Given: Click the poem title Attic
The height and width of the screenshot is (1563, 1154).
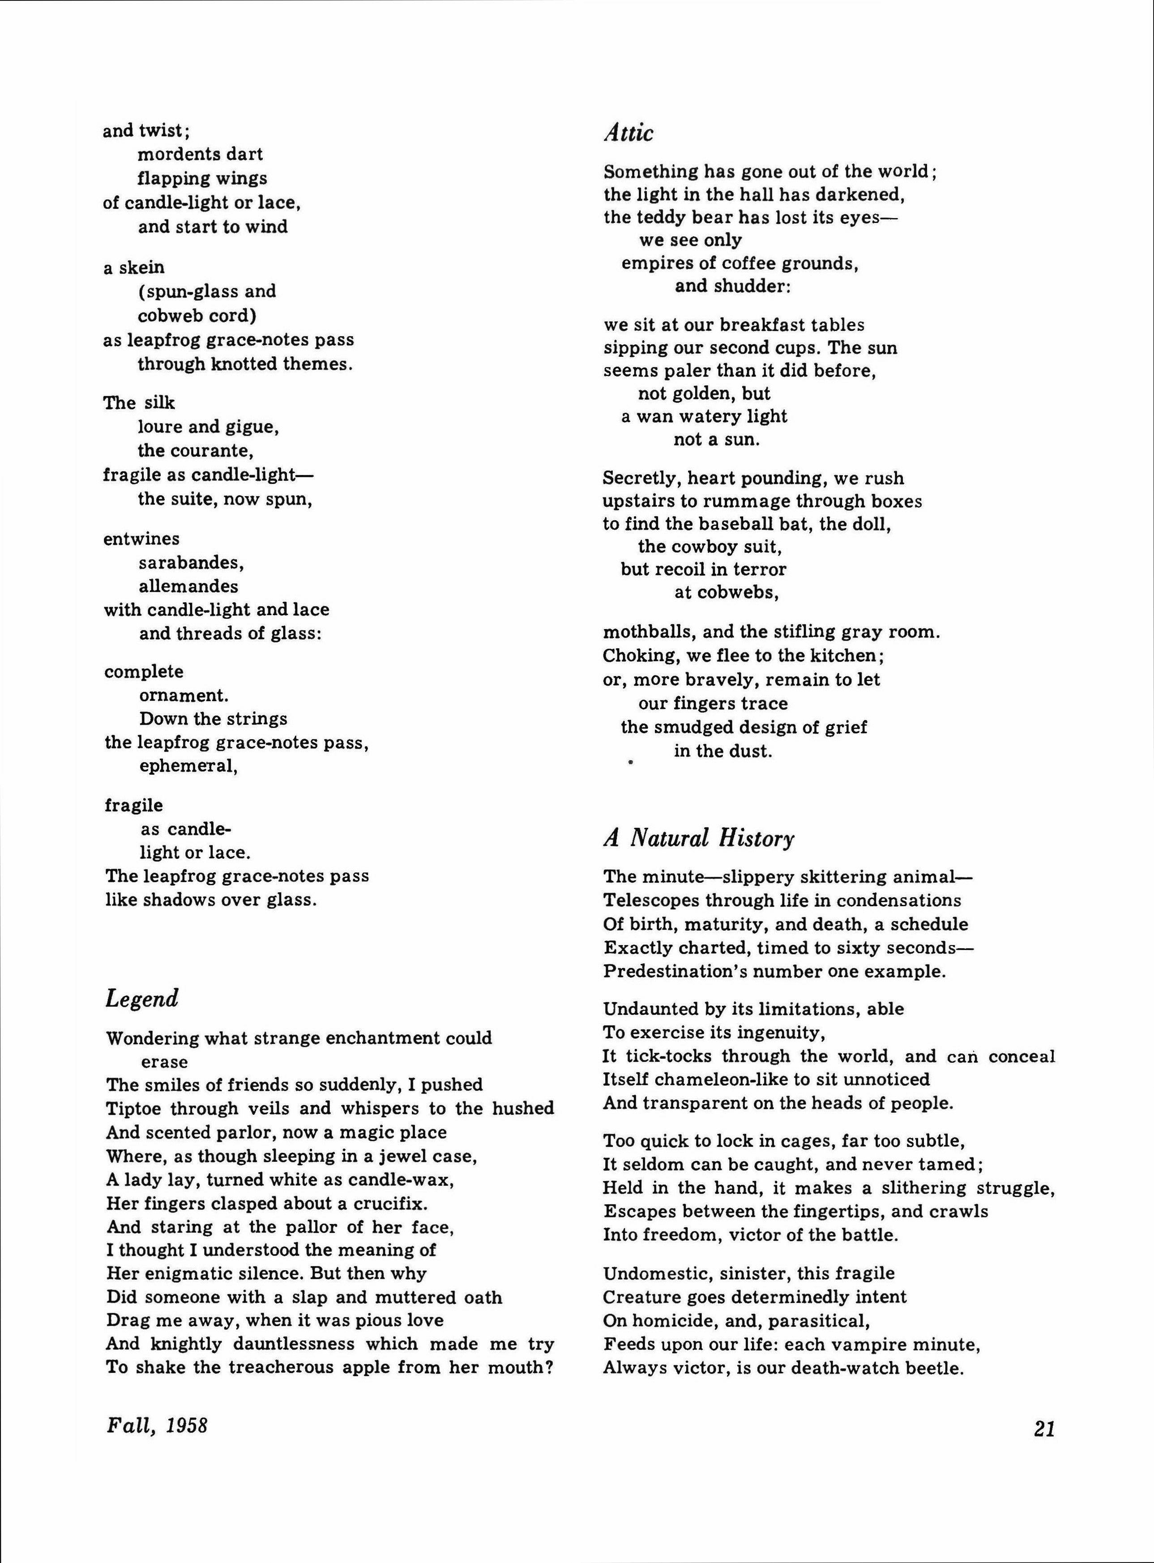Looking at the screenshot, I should pyautogui.click(x=628, y=133).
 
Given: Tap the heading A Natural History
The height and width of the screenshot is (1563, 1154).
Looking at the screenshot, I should pyautogui.click(x=699, y=838).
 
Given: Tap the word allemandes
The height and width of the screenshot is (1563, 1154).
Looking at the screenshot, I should pyautogui.click(x=188, y=586).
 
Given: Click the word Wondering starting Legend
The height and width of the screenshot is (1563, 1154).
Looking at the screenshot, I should pyautogui.click(x=151, y=1038).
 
